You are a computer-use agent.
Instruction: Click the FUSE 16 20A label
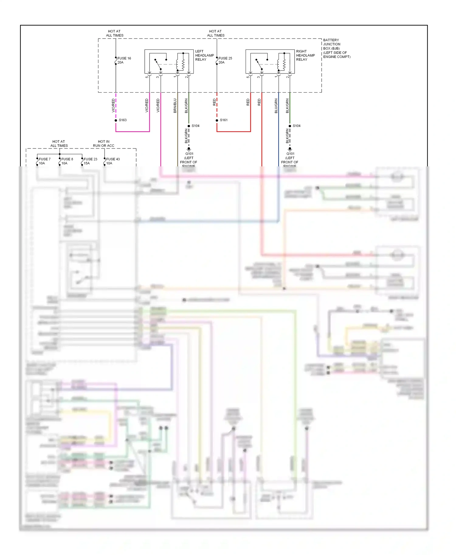click(124, 60)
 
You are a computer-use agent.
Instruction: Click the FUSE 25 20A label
click(225, 60)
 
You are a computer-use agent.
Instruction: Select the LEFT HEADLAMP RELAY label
click(204, 55)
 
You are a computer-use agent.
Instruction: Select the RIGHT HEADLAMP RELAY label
click(305, 55)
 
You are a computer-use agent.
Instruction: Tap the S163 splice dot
click(116, 121)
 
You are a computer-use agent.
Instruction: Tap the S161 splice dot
click(217, 121)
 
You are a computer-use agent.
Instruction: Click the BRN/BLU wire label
click(175, 106)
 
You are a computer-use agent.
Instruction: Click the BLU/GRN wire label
click(276, 106)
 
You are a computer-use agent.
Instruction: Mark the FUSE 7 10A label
click(44, 161)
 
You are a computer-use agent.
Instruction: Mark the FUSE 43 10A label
click(113, 161)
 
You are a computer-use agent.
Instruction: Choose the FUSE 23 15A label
click(90, 161)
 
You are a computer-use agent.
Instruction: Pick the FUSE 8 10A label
click(67, 161)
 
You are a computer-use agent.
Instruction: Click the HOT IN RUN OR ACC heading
click(104, 144)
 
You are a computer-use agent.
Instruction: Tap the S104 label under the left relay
click(195, 126)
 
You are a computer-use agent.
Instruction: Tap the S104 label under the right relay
click(296, 126)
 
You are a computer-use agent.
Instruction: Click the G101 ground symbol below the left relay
click(189, 150)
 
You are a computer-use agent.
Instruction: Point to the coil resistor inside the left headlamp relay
click(183, 64)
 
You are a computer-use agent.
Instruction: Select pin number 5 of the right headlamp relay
click(248, 77)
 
